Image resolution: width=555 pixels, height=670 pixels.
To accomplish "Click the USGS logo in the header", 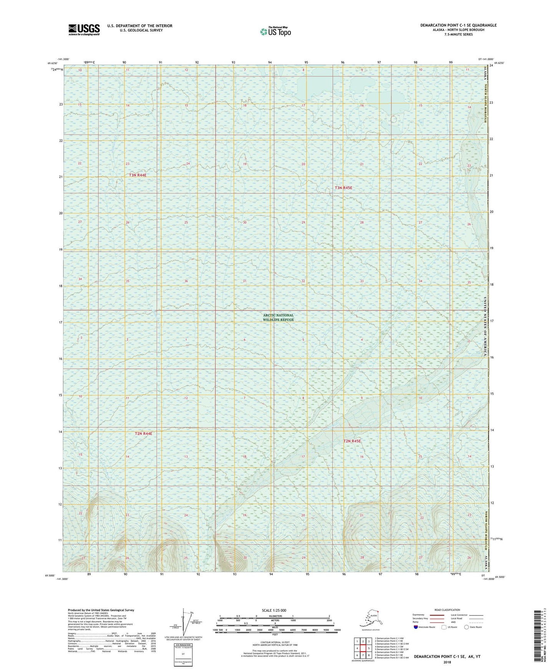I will [84, 30].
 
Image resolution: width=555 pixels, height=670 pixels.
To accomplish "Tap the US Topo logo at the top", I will [275, 31].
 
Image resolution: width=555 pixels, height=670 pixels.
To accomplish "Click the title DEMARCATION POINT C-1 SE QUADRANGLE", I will [458, 25].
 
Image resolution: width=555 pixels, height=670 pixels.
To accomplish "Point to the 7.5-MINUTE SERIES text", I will [458, 35].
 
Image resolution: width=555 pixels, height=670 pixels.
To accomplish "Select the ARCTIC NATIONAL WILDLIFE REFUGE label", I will [278, 317].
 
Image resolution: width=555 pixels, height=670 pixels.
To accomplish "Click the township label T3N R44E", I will [138, 175].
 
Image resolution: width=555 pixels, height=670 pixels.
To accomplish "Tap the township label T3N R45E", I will [343, 188].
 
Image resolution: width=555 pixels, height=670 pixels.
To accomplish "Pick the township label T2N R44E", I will [143, 434].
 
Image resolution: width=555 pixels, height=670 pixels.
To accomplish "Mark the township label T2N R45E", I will [352, 441].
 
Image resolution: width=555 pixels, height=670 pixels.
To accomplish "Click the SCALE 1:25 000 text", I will [274, 611].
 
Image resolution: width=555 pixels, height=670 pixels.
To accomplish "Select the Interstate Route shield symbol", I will [416, 627].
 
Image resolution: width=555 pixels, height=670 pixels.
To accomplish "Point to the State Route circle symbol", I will [466, 627].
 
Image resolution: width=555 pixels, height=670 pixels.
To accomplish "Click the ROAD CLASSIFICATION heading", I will [447, 610].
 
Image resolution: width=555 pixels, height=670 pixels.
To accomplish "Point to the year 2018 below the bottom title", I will [447, 662].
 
